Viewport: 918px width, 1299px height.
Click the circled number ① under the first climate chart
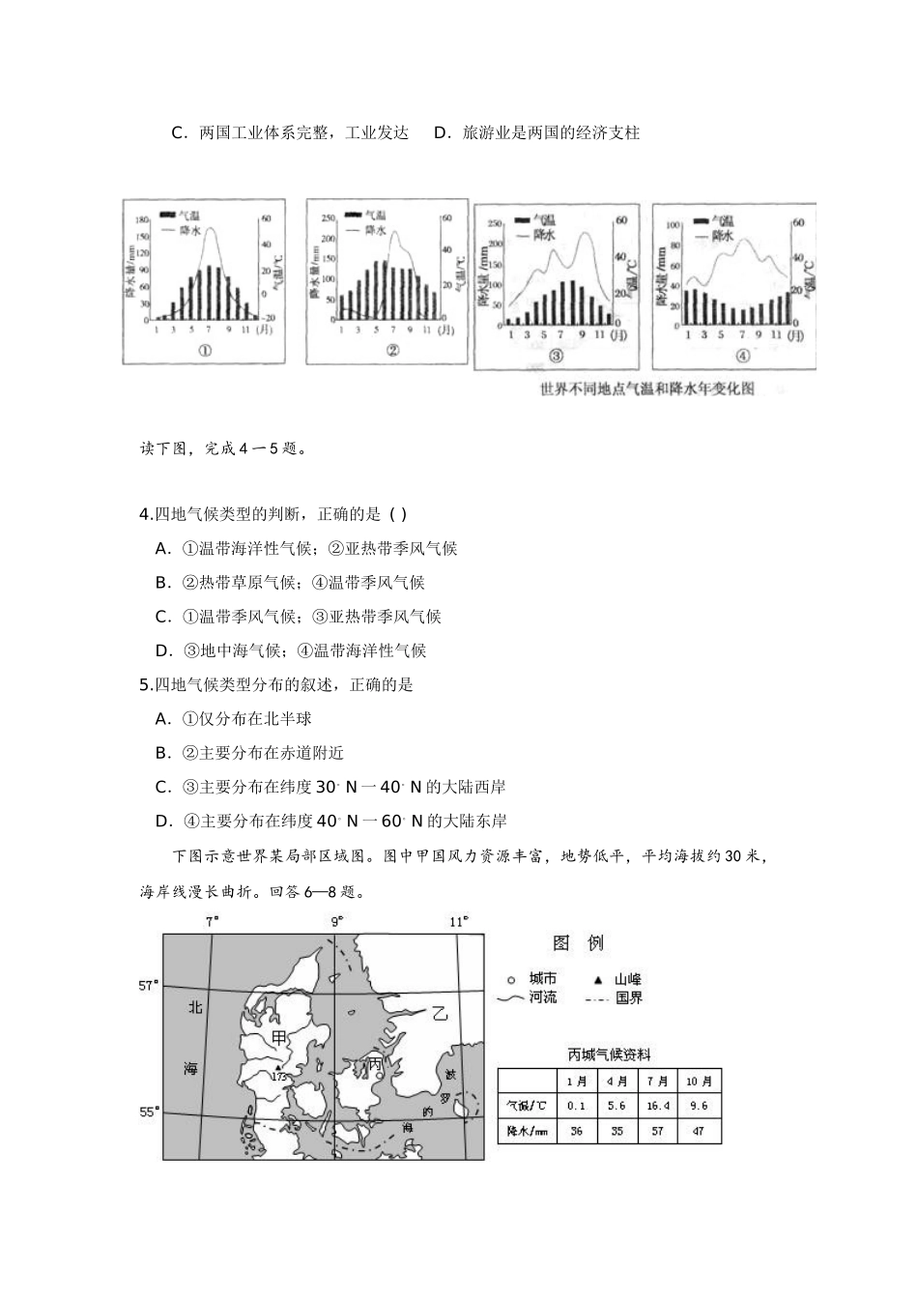205,351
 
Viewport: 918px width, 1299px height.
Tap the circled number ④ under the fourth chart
742,355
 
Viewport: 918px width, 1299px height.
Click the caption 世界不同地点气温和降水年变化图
688,390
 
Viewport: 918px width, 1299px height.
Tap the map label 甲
278,1037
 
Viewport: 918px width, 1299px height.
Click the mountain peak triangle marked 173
277,1067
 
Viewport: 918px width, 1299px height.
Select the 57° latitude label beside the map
148,985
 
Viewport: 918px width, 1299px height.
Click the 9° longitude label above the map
337,922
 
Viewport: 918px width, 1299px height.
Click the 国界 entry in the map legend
628,997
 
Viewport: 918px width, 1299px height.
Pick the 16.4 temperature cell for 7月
658,1106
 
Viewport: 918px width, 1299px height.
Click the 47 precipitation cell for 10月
701,1131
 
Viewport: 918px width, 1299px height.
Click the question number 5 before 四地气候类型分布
145,684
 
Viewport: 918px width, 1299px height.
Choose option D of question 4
163,650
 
